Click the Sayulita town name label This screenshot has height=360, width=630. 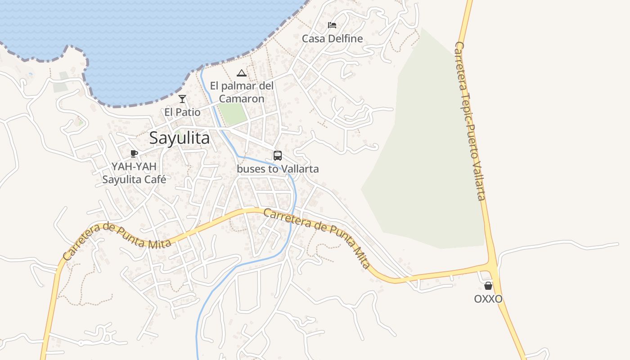click(x=179, y=138)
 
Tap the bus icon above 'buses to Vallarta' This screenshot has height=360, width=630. click(x=278, y=156)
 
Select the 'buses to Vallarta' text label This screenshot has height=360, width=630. click(x=278, y=169)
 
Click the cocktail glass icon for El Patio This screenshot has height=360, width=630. click(x=182, y=99)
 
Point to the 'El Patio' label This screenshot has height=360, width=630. click(x=182, y=112)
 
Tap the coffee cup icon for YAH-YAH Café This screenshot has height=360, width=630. click(x=134, y=153)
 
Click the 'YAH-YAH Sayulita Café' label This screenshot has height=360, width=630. click(x=134, y=173)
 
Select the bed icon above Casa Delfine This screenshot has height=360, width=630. click(x=332, y=25)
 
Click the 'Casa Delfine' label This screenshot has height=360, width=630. click(x=332, y=39)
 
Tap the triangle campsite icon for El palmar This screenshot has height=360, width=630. click(x=242, y=73)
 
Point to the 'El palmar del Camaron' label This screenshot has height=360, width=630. click(x=242, y=92)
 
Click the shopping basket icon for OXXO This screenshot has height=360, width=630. click(x=488, y=286)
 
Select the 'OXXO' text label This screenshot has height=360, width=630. click(x=488, y=299)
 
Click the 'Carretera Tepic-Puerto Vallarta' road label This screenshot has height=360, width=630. click(x=471, y=121)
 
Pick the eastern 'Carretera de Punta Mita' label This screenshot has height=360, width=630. click(x=318, y=238)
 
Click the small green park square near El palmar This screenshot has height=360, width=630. click(x=233, y=114)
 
